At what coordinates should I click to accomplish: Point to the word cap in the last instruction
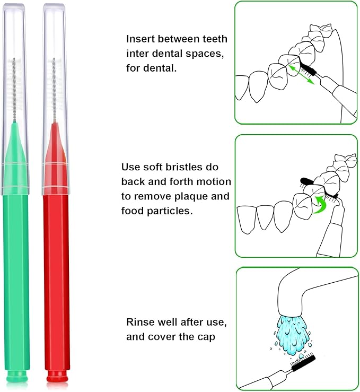(x=206, y=336)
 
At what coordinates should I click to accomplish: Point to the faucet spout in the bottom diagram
(x=297, y=297)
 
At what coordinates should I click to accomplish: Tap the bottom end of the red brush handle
(x=57, y=377)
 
